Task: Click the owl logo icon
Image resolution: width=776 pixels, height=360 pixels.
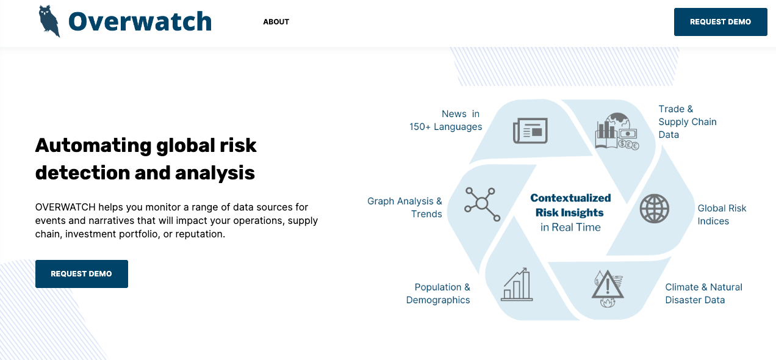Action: (49, 21)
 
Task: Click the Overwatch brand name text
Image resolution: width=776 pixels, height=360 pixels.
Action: (140, 21)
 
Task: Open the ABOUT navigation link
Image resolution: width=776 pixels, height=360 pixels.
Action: (276, 22)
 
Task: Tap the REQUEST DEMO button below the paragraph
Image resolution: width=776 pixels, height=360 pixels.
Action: (82, 274)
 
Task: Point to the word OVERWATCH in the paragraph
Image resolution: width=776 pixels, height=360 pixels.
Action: (65, 207)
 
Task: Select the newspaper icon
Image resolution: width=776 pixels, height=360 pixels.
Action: (530, 131)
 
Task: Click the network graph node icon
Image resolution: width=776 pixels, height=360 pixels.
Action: (482, 204)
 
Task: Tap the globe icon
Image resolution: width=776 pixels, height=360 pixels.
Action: (654, 209)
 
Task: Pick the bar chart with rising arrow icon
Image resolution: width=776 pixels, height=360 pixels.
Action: (517, 284)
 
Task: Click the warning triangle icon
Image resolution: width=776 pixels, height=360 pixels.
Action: (608, 288)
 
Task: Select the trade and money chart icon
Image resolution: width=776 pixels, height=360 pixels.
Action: (617, 131)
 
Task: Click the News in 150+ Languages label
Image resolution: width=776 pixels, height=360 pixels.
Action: (445, 120)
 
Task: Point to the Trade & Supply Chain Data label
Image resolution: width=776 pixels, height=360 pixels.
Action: (688, 121)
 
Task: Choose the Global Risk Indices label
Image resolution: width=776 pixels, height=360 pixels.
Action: (722, 215)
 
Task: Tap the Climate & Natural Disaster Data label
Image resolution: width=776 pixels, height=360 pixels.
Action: (703, 293)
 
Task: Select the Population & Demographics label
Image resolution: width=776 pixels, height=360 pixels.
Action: (438, 293)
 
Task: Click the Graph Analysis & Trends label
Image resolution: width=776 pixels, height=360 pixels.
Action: (404, 207)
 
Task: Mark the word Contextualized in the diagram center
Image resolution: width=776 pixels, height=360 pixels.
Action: (570, 198)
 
